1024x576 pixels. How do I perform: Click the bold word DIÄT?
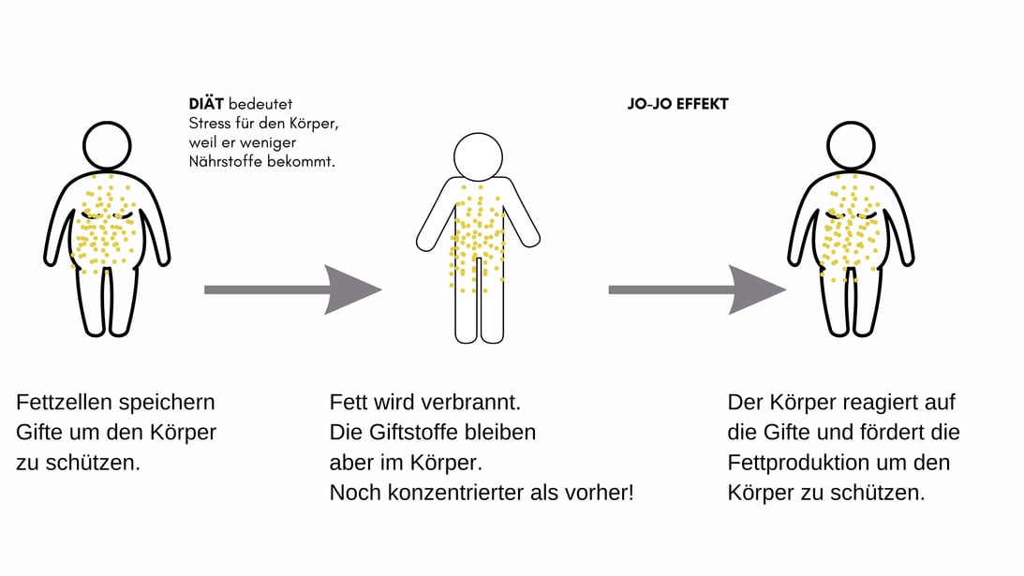pos(206,103)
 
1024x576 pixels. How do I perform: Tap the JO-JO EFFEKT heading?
pos(678,104)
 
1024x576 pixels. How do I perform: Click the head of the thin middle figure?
pos(478,156)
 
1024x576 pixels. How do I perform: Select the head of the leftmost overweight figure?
pos(107,145)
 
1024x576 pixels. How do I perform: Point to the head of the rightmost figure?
pos(851,145)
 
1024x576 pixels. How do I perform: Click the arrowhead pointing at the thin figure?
pos(352,289)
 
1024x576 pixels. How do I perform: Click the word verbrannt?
pos(471,403)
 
